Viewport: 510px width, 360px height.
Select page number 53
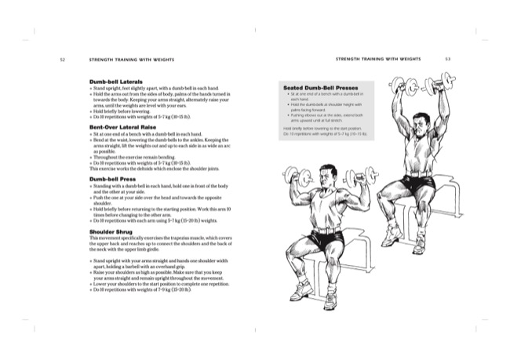(446, 59)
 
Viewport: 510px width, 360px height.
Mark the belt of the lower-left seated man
(320, 229)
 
